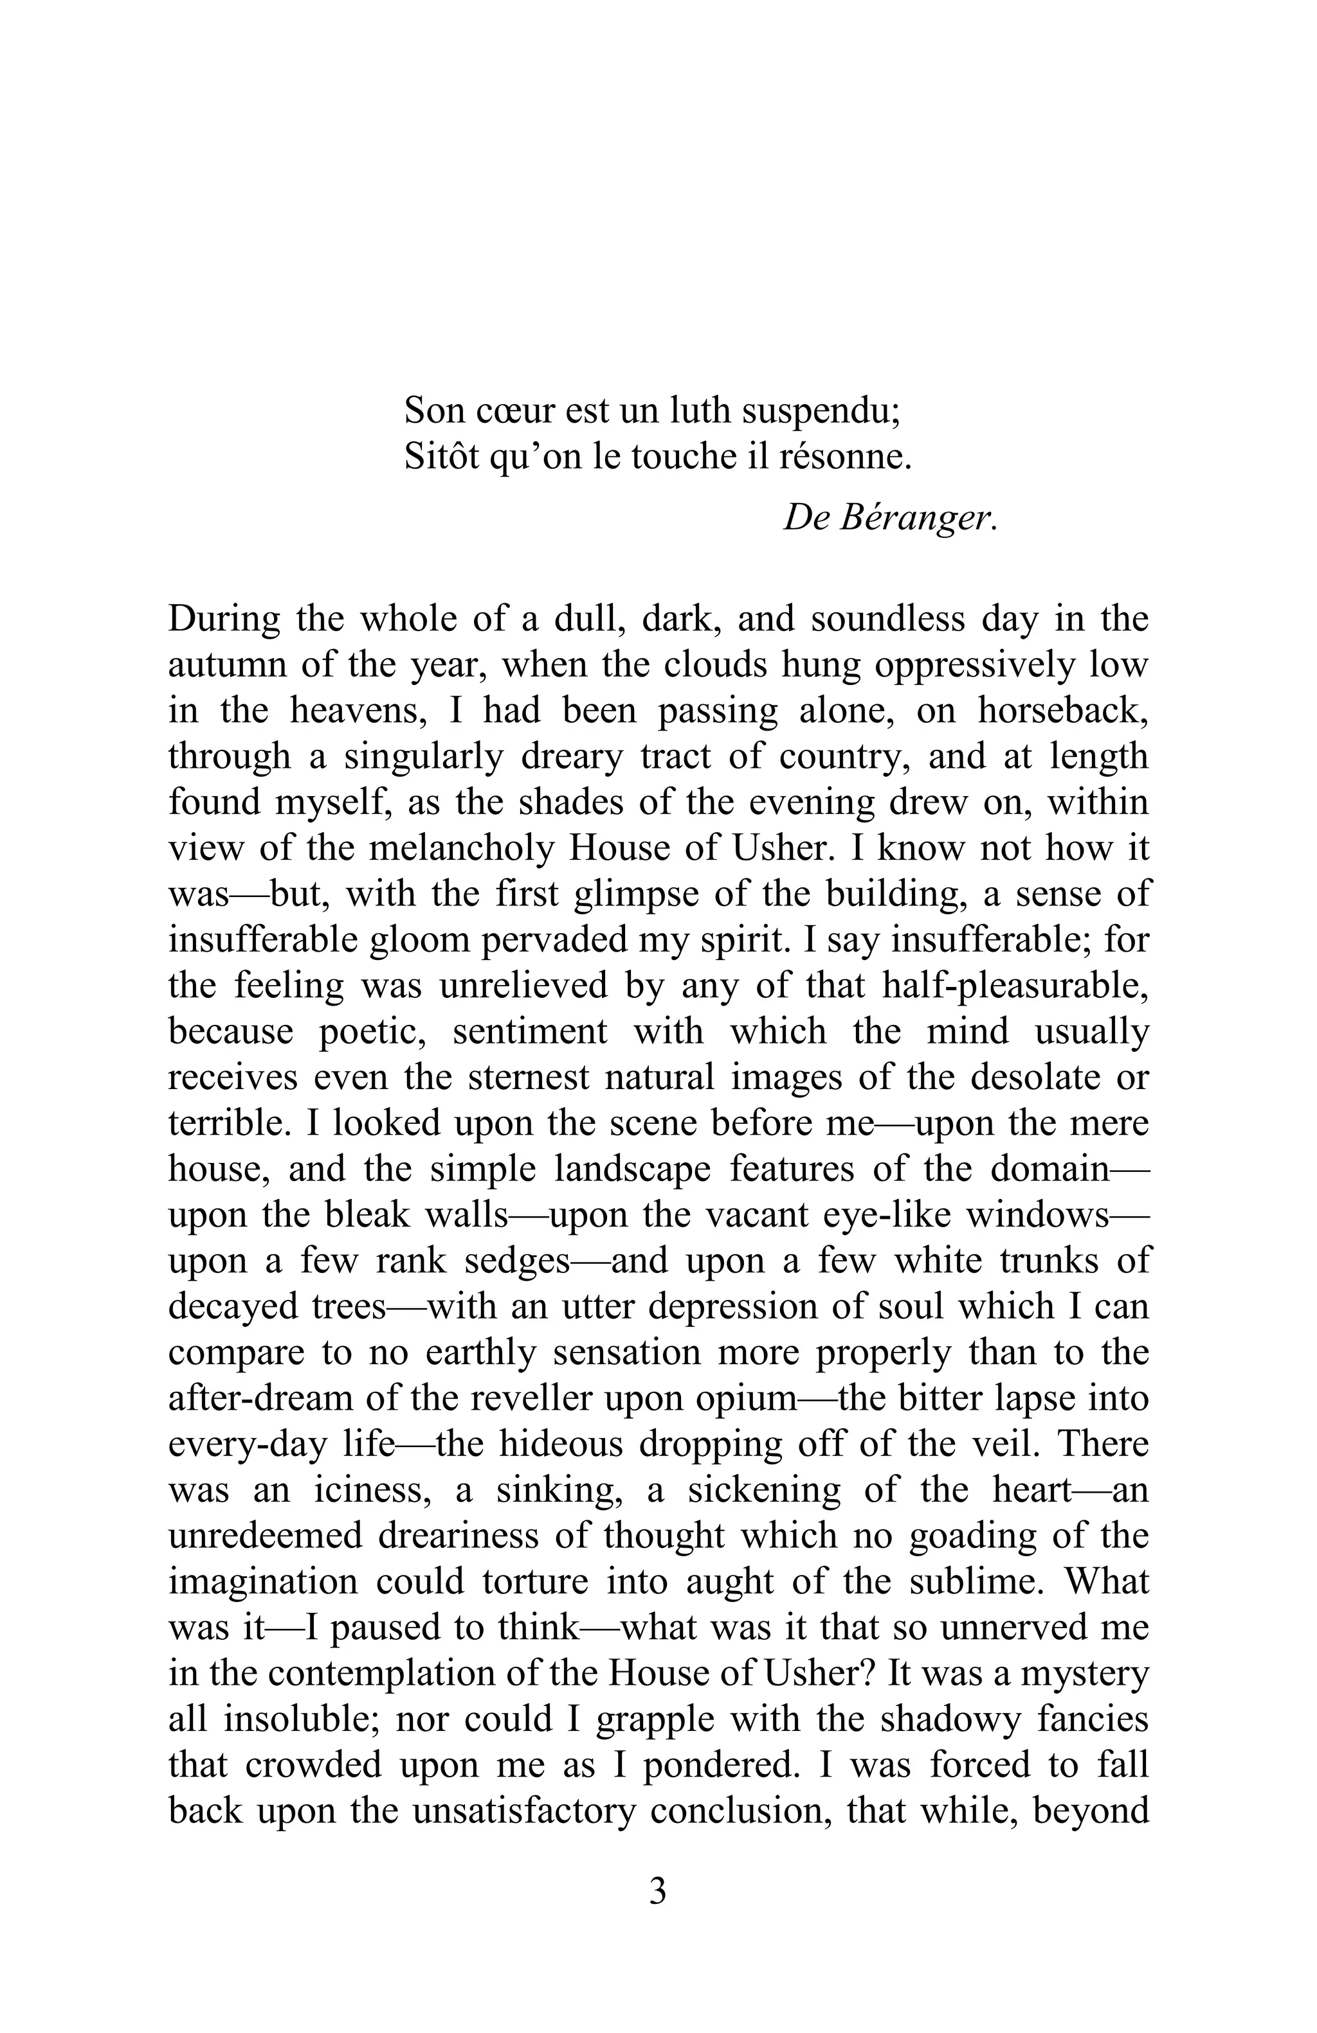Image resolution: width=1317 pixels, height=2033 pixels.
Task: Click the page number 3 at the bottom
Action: [x=657, y=1891]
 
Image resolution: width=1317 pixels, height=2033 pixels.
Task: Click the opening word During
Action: [x=223, y=619]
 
